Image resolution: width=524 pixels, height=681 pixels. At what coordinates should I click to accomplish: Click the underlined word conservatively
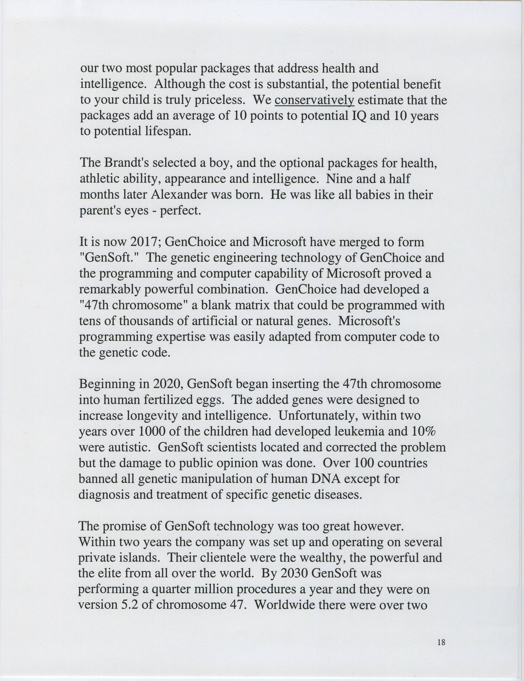point(314,100)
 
